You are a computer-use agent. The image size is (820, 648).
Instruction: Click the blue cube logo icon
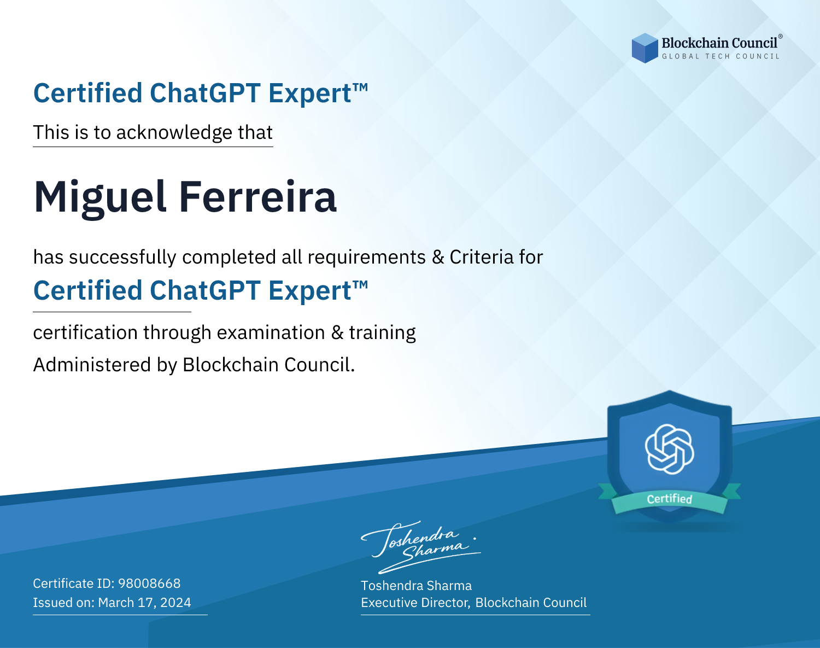point(645,48)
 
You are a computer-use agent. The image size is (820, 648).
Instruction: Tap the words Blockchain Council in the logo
point(719,43)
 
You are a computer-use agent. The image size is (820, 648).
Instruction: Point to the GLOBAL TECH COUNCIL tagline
point(721,56)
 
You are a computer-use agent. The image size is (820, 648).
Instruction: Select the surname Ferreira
point(257,196)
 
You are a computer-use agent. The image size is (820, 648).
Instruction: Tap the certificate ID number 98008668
point(149,583)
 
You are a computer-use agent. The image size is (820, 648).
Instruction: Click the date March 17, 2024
point(144,602)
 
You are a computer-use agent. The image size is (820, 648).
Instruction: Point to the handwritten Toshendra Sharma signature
point(420,547)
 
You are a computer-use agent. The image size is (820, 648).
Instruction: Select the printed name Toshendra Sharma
point(416,586)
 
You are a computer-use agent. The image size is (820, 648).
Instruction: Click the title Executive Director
point(414,602)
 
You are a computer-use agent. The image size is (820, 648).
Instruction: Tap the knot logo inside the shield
point(669,449)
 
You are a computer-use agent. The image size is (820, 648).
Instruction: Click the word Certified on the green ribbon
point(669,499)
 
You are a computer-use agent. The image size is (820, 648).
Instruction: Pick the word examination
point(271,332)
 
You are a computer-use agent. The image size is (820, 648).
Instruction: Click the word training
point(382,333)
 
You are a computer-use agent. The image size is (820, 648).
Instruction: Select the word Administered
point(92,365)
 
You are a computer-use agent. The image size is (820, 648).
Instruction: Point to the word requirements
point(366,258)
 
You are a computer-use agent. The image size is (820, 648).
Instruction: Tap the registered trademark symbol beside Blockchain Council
point(780,36)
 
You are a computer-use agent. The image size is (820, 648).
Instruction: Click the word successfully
point(122,258)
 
